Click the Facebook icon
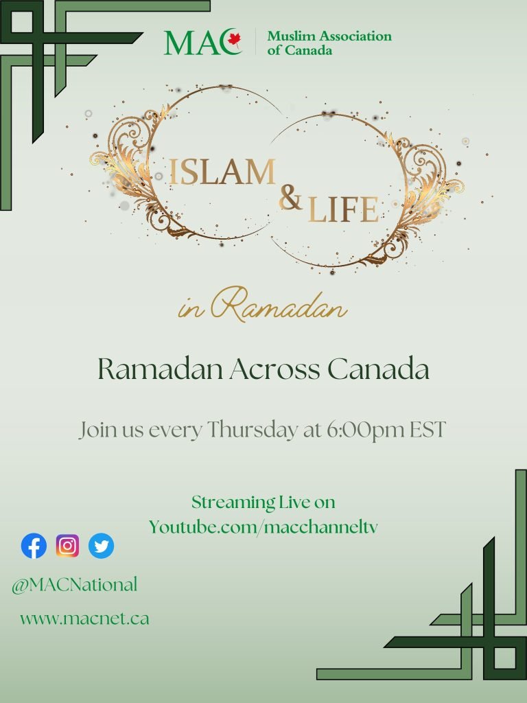click(x=34, y=546)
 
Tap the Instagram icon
click(x=68, y=546)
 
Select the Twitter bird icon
click(x=102, y=546)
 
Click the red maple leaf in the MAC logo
click(x=234, y=39)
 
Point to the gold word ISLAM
click(x=222, y=172)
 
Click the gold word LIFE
click(x=343, y=209)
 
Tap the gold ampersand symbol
click(x=290, y=197)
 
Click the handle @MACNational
click(x=74, y=585)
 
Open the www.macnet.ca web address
click(x=84, y=619)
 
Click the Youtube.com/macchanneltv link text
click(x=263, y=527)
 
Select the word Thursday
click(x=253, y=430)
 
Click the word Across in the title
click(x=274, y=369)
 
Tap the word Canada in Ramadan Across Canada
click(x=378, y=369)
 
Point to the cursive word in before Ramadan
click(x=191, y=309)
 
